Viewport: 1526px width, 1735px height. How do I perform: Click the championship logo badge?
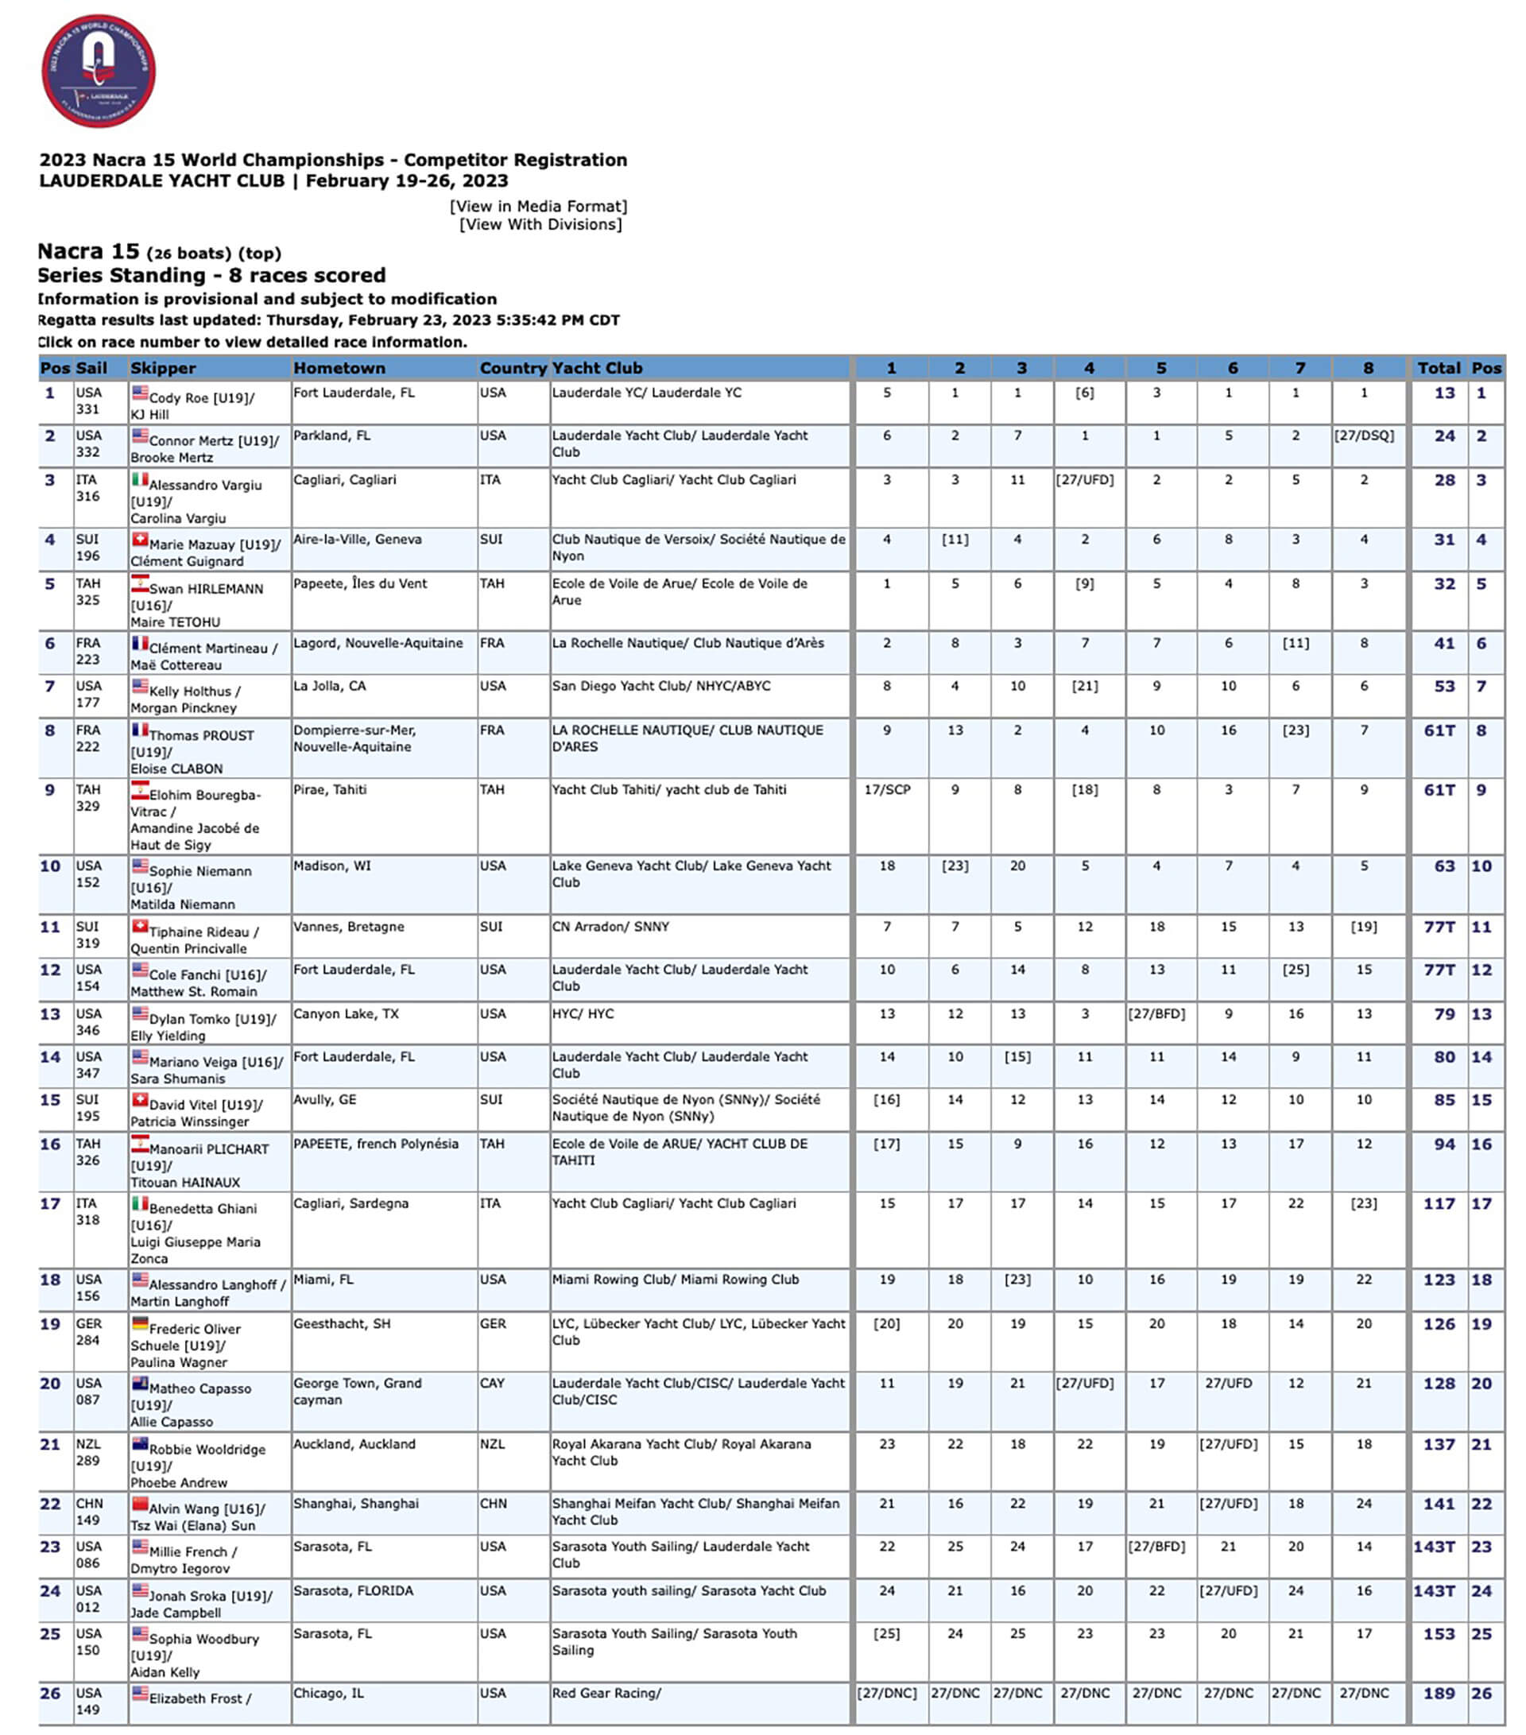click(x=98, y=71)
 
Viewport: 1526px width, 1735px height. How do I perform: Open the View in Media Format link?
click(x=538, y=207)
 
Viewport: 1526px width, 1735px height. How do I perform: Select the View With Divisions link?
click(x=540, y=225)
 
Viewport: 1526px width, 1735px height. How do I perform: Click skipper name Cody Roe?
click(x=177, y=398)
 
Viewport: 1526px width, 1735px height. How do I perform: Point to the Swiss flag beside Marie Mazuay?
click(x=140, y=540)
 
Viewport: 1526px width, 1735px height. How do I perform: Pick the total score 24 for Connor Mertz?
click(x=1443, y=436)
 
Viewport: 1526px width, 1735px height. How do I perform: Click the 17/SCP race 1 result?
click(x=887, y=790)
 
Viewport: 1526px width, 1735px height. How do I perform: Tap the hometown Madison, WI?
click(x=332, y=866)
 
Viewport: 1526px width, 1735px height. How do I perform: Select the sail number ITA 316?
click(x=87, y=488)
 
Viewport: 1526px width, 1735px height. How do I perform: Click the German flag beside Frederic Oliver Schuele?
click(x=140, y=1324)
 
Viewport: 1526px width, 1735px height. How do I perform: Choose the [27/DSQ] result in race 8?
click(x=1363, y=436)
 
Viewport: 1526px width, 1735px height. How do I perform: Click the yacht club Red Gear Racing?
click(x=605, y=1694)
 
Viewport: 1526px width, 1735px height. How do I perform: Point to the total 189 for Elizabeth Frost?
click(x=1439, y=1694)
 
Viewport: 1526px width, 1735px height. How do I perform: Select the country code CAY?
click(x=492, y=1384)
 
